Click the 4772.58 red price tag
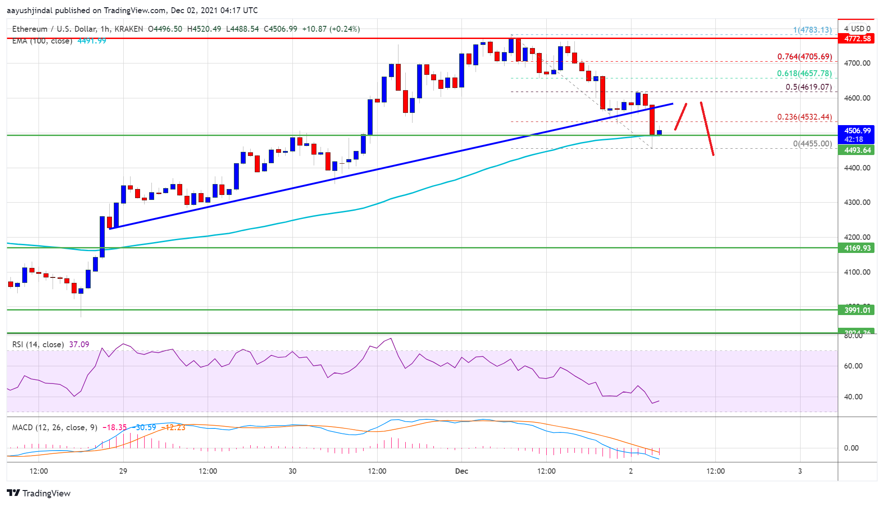coord(857,39)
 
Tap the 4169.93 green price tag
coord(857,248)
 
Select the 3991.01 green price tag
coord(857,310)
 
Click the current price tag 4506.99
coord(857,131)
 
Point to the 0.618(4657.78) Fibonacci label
coord(804,73)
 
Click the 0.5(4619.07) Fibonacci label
coord(808,87)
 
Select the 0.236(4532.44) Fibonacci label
coord(804,117)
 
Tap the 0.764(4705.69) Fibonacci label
coord(804,57)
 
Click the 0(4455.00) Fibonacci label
coord(812,144)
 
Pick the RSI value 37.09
coord(79,345)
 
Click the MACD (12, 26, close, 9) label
coord(54,427)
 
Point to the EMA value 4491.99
coord(92,41)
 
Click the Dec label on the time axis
coord(461,471)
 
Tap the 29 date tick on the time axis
coord(123,471)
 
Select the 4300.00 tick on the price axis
coord(857,202)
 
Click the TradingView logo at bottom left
coord(39,493)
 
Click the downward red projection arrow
coord(707,129)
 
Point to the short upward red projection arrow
coord(680,117)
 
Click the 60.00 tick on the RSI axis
coord(853,366)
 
